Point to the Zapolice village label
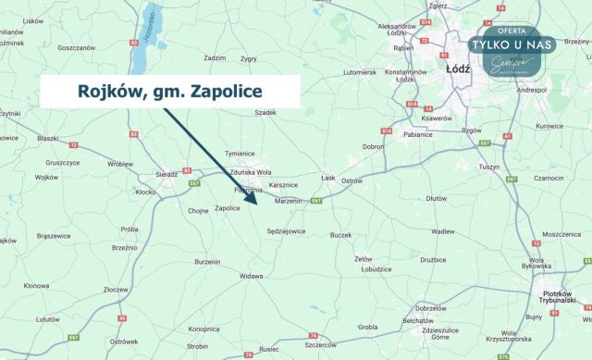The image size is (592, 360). point(228,208)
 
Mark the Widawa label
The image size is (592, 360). point(251,276)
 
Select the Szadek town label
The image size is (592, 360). point(266,112)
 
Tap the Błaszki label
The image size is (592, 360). point(48,138)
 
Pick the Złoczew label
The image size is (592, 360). point(115,290)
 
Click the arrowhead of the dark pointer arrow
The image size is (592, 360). point(253,197)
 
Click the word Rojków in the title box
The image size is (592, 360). point(105,92)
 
